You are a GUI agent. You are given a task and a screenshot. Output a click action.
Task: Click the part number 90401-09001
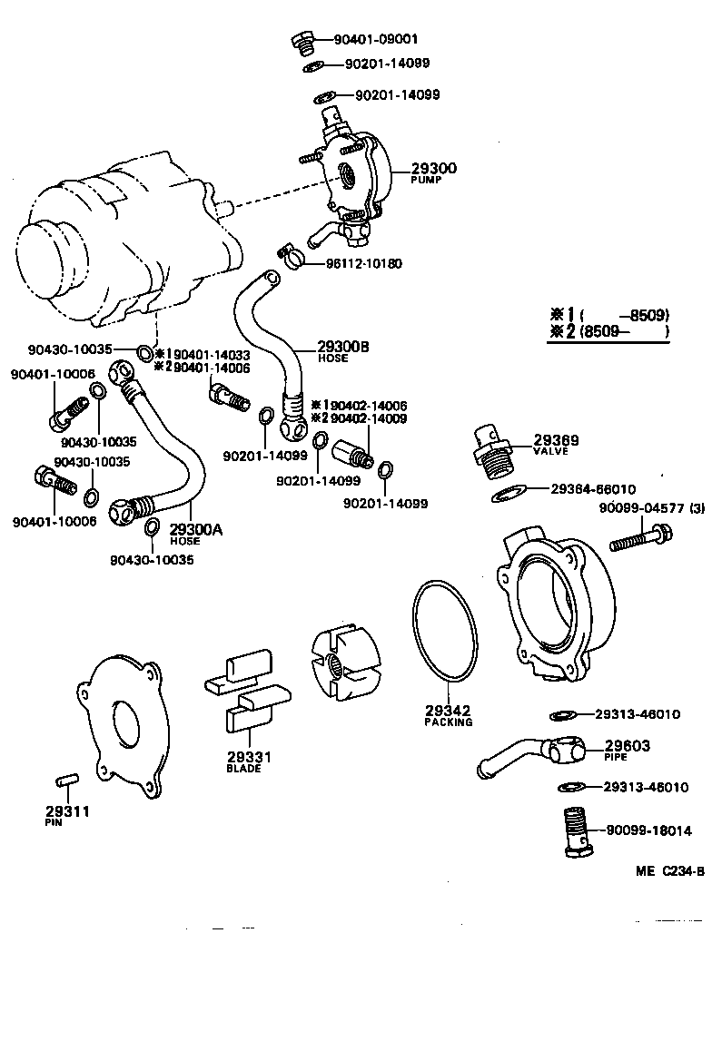375,40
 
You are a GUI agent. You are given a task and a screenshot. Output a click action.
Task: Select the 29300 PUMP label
433,172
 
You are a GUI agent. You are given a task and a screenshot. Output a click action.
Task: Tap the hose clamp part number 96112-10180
363,263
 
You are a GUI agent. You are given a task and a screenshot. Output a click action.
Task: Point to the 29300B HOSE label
343,351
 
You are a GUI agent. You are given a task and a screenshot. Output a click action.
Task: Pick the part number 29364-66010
593,488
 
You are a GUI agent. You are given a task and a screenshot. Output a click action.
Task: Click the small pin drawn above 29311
67,780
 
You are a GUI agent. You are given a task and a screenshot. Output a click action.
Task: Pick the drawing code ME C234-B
670,871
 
